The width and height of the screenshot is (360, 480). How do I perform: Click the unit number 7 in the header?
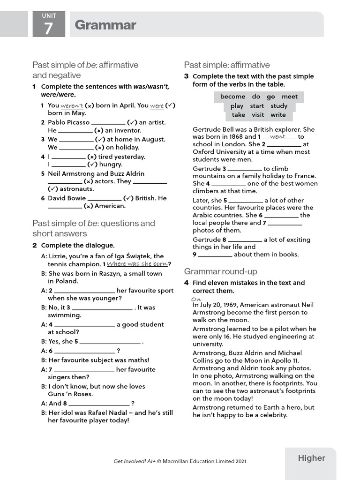pyautogui.click(x=49, y=29)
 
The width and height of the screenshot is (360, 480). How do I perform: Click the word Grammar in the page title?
pyautogui.click(x=105, y=25)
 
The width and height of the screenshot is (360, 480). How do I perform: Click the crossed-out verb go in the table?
pyautogui.click(x=270, y=97)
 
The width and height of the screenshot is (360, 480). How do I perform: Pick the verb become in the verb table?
pyautogui.click(x=232, y=97)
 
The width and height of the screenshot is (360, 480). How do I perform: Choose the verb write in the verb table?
pyautogui.click(x=278, y=114)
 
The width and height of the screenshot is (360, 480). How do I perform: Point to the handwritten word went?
pyautogui.click(x=277, y=136)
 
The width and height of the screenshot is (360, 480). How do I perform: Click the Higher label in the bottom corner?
pyautogui.click(x=311, y=458)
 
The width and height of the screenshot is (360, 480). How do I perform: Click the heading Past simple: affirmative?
pyautogui.click(x=227, y=65)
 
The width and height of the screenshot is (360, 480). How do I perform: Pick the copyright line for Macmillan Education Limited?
pyautogui.click(x=180, y=461)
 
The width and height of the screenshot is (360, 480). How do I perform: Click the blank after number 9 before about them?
pyautogui.click(x=215, y=255)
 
